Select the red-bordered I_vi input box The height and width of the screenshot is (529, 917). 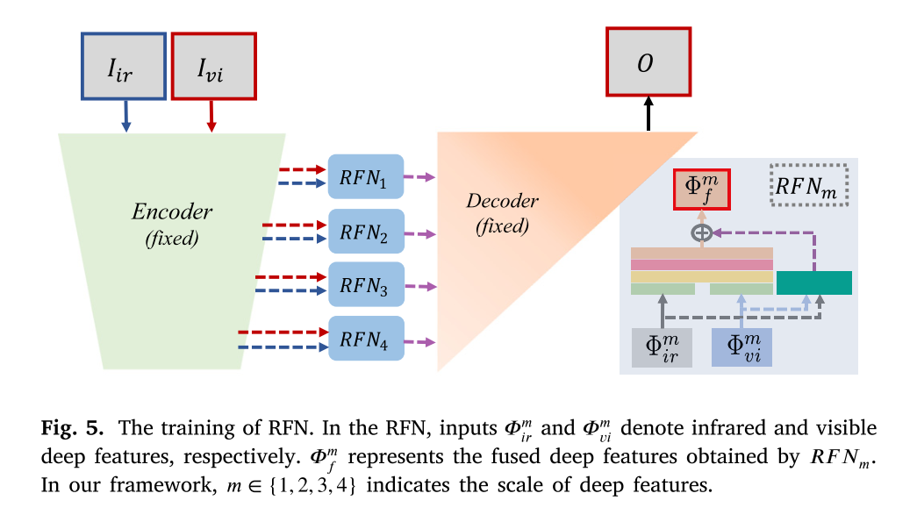coord(213,66)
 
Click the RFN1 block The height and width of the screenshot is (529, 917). coord(366,178)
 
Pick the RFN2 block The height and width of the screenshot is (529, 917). coord(366,232)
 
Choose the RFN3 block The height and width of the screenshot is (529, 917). coord(366,285)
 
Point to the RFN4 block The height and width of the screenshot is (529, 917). coord(366,339)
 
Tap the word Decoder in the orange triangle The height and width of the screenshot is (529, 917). coord(502,201)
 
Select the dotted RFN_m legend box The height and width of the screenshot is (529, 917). coord(808,185)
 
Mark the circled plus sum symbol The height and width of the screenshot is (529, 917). coord(701,232)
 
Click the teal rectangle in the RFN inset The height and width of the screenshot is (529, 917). coord(813,282)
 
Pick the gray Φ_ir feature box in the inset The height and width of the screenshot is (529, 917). coord(662,346)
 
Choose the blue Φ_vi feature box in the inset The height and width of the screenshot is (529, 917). coord(741,346)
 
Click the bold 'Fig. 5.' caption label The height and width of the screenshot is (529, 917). coord(73,428)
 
